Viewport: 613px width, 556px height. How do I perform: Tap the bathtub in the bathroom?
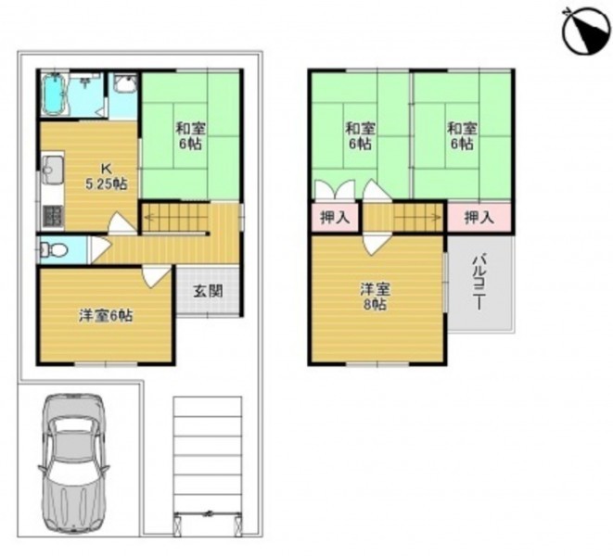point(55,94)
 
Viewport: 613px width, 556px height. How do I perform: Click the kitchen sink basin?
point(53,166)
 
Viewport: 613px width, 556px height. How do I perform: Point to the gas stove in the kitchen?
point(52,217)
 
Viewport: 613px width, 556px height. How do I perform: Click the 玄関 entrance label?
point(208,291)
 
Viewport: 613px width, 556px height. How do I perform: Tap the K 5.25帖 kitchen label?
point(106,176)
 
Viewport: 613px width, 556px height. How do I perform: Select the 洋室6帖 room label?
point(106,316)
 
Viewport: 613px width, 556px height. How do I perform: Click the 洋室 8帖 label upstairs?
point(375,297)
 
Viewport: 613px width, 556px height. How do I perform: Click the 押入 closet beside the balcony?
point(479,218)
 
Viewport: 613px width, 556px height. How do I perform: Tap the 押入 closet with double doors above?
point(334,217)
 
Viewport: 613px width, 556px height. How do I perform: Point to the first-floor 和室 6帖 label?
point(190,135)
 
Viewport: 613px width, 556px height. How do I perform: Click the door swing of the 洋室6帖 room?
point(157,277)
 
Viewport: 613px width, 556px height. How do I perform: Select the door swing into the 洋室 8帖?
point(377,244)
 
